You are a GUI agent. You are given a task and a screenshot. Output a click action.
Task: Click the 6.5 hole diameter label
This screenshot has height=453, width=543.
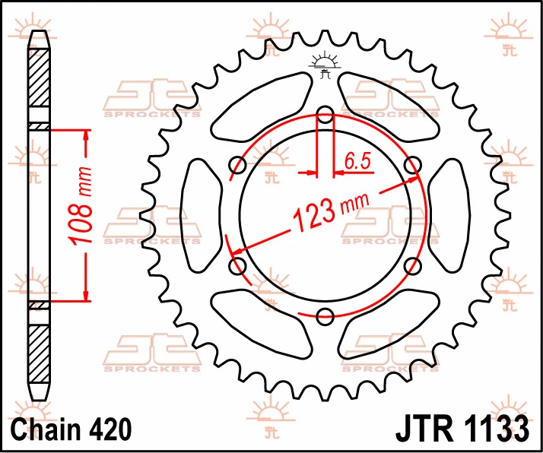[x=357, y=161]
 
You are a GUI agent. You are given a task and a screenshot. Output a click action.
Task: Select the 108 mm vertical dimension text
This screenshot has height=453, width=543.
[x=81, y=206]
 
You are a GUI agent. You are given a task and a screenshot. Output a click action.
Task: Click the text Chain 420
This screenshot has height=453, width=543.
[x=71, y=429]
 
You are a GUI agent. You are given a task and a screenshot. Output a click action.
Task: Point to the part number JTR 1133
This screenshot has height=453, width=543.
[x=462, y=429]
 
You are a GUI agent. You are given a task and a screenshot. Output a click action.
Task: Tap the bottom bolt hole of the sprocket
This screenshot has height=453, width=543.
[x=325, y=316]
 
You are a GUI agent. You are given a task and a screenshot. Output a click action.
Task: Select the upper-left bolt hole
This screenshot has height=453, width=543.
[x=238, y=164]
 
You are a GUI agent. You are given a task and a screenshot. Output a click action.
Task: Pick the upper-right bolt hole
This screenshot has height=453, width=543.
[x=413, y=164]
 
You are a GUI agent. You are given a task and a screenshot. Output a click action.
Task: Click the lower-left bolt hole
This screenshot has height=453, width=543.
[x=238, y=266]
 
